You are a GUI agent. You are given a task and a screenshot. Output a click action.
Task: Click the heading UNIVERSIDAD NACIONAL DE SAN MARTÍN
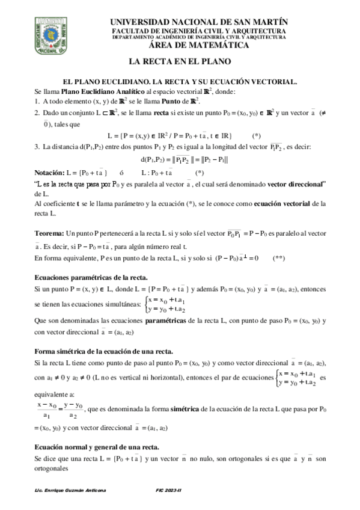tap(199, 22)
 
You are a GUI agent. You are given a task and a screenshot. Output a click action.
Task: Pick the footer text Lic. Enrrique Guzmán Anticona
tap(71, 491)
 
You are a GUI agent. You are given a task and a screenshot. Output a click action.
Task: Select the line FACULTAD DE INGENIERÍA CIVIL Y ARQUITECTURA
tap(199, 31)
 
